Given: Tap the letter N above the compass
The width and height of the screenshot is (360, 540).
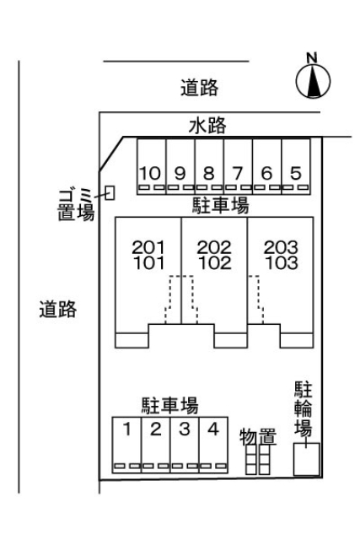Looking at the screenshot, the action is [x=312, y=57].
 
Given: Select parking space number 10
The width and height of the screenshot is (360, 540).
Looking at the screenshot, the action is [x=152, y=166].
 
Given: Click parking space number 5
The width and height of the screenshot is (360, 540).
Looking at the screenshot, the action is [x=296, y=166].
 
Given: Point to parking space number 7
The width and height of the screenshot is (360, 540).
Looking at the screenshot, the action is [x=238, y=166].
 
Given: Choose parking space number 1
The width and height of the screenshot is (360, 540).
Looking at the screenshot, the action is [x=126, y=445].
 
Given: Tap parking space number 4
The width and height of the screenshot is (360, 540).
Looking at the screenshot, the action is [x=213, y=445].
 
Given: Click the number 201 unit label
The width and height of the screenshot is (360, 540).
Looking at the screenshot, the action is [x=148, y=247].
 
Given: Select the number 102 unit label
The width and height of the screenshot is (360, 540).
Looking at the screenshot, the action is [x=215, y=263].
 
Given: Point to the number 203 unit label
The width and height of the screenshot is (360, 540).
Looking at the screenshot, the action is [x=281, y=247].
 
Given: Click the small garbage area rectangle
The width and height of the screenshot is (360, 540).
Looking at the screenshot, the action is [x=110, y=193].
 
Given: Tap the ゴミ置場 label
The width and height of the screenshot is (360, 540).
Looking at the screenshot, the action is [x=75, y=205].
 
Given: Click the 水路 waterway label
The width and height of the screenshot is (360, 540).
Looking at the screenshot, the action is [x=207, y=126].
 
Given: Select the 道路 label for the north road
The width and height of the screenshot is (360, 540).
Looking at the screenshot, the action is [x=199, y=88].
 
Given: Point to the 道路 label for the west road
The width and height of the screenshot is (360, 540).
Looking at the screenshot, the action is [x=57, y=309].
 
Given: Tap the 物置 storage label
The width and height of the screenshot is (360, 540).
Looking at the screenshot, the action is [x=258, y=437].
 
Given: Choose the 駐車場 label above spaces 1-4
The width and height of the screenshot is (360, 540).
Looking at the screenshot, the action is [x=170, y=405].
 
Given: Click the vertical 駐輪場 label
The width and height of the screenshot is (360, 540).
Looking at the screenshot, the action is [x=304, y=408].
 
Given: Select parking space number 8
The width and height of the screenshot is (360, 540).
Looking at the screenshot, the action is [x=209, y=166].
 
